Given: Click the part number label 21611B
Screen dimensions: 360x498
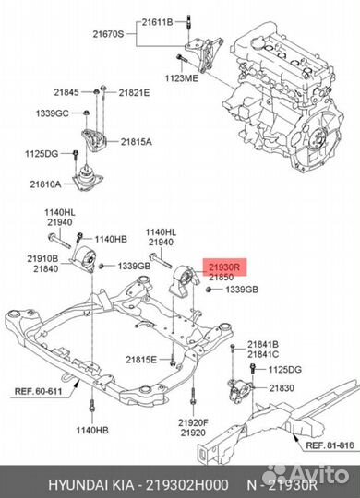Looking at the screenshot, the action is tap(157, 22).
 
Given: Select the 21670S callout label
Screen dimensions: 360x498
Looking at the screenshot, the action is tap(108, 34).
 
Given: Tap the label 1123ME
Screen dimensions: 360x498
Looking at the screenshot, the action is tap(181, 77).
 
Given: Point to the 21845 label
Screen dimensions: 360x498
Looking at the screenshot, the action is tap(66, 92).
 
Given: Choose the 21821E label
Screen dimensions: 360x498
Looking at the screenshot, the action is tap(134, 93).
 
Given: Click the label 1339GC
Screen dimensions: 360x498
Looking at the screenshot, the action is tap(53, 113).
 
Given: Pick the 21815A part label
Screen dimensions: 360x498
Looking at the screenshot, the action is tap(136, 142).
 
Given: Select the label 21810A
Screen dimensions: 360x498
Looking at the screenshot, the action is tap(45, 184).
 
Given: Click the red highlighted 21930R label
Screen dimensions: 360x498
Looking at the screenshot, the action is tap(223, 267).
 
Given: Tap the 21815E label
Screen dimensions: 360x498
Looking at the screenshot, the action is tap(141, 360).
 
